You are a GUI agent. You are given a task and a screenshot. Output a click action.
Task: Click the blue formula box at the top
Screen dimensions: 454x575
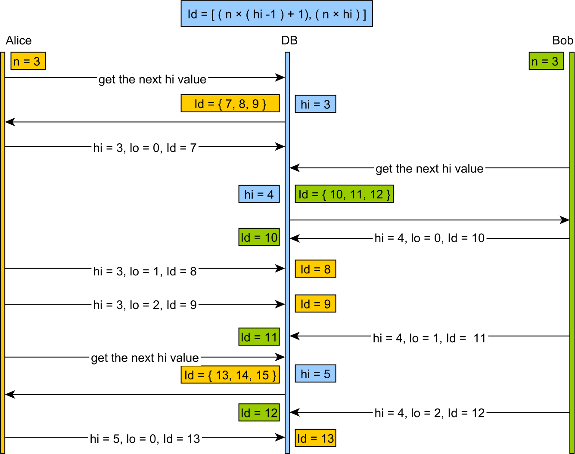(x=277, y=14)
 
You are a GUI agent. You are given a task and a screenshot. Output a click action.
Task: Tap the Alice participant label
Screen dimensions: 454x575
(x=19, y=40)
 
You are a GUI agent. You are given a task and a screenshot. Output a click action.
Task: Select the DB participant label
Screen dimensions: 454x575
(x=289, y=40)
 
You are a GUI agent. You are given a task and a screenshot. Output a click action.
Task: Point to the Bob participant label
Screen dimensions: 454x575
(x=563, y=40)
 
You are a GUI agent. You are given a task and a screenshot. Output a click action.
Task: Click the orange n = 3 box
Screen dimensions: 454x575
(x=28, y=61)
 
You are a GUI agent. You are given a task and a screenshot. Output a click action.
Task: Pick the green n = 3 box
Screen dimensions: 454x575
(x=546, y=61)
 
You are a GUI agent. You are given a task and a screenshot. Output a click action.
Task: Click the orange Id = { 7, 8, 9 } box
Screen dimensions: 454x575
(x=230, y=104)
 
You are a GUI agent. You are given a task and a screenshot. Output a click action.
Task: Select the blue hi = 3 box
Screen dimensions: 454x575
(x=315, y=104)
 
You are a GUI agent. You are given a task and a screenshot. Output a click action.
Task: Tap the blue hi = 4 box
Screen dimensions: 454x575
(x=259, y=194)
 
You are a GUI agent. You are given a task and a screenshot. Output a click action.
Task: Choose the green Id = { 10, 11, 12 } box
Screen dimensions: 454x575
(x=344, y=194)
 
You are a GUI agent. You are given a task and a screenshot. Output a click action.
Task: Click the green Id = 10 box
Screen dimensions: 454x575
(x=259, y=237)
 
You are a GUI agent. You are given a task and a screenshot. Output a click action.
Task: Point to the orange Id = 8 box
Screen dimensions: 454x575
(x=315, y=269)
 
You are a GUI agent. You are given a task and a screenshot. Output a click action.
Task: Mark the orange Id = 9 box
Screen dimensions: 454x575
(x=315, y=304)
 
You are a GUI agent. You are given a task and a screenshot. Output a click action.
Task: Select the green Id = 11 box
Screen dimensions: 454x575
(x=259, y=337)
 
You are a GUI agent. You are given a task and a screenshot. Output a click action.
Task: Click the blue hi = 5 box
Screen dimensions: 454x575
(x=315, y=374)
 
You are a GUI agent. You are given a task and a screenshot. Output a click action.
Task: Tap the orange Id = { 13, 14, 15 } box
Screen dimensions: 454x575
(x=230, y=375)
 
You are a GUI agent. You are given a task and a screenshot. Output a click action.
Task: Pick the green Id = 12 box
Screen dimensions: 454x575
(x=259, y=413)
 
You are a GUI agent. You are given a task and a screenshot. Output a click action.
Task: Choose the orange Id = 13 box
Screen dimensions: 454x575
(x=315, y=439)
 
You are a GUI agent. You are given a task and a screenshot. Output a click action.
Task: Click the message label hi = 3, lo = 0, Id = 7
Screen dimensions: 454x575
(x=145, y=148)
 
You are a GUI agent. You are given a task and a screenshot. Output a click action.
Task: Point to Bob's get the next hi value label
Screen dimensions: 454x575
(x=429, y=168)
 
